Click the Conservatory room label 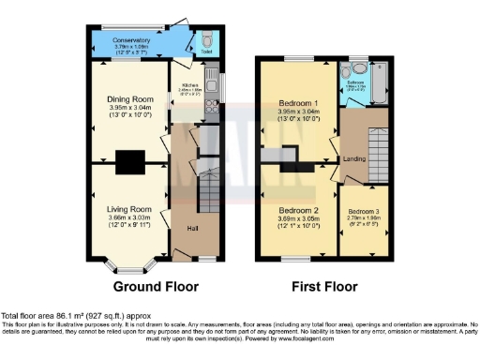click(x=131, y=40)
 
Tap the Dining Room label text click(x=129, y=98)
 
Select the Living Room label click(x=129, y=209)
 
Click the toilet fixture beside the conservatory click(x=206, y=40)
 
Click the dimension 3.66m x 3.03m click(x=129, y=217)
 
